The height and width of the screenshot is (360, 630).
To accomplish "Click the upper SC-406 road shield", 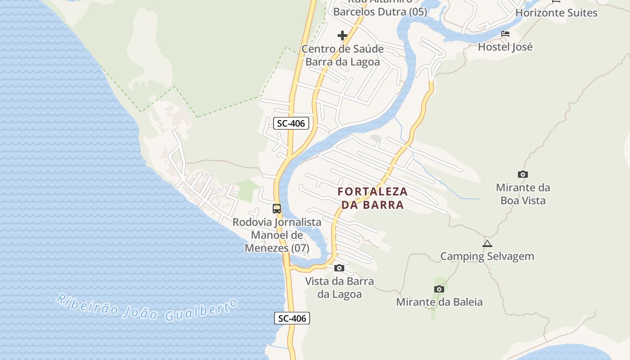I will [x=291, y=123].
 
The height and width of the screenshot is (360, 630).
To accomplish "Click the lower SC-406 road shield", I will [x=292, y=319].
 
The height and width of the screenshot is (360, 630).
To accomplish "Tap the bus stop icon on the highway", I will [x=277, y=209].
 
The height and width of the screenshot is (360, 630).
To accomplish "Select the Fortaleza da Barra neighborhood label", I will [x=373, y=198].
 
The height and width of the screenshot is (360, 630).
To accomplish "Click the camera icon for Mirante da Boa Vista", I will [x=522, y=174].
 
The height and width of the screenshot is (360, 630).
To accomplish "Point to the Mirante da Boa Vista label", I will [x=523, y=194].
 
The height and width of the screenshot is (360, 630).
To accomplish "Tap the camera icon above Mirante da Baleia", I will [x=439, y=289].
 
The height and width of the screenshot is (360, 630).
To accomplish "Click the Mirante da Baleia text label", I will [x=439, y=302].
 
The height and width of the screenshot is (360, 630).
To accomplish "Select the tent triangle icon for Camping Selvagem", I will [x=487, y=244].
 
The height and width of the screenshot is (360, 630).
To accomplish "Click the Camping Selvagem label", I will [x=487, y=256].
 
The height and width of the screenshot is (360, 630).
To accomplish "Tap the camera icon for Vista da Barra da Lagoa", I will [x=339, y=268].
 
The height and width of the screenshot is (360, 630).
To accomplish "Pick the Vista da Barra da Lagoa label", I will [x=339, y=288].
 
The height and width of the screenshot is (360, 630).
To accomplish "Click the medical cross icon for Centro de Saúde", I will [x=342, y=36].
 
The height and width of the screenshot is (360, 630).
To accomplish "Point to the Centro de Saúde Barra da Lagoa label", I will [x=342, y=55].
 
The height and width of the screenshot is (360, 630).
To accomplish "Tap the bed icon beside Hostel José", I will [x=505, y=34].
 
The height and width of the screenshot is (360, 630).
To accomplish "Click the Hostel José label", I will [x=505, y=47].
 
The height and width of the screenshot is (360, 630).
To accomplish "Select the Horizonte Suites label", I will [x=556, y=13].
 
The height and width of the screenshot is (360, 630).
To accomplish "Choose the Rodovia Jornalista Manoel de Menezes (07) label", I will [x=277, y=235].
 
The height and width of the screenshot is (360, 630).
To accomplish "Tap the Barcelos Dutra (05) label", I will [x=380, y=12].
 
